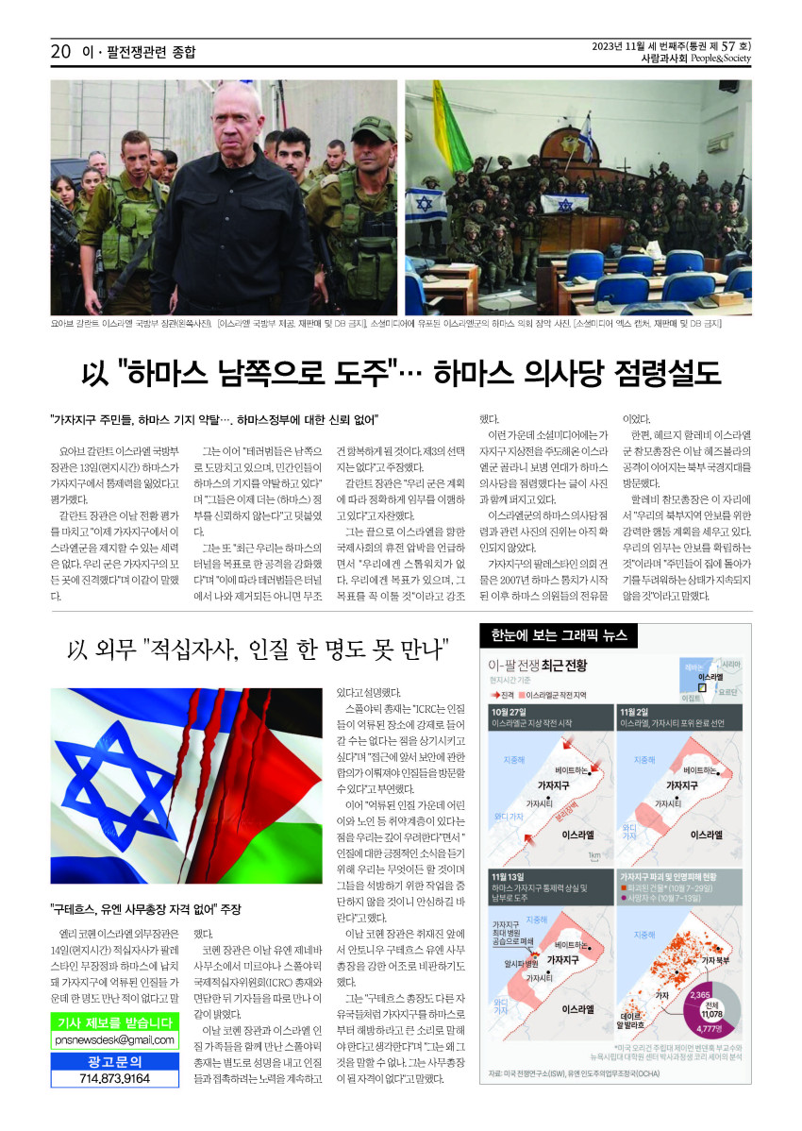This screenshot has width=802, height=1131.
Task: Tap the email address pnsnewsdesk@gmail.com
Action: (x=114, y=1040)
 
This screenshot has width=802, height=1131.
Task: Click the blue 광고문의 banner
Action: (x=114, y=1060)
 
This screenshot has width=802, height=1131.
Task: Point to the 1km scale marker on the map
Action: (x=594, y=855)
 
